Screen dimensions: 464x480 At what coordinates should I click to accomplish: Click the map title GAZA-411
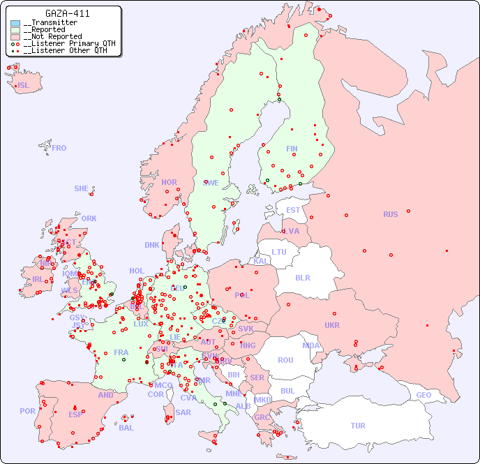click(x=67, y=13)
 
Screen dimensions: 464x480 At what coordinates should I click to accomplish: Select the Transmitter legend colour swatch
click(x=15, y=23)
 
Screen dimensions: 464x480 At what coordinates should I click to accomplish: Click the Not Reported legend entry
click(x=52, y=36)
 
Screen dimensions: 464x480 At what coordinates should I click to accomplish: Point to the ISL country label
click(x=24, y=86)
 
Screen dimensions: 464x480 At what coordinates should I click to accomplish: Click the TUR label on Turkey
click(x=358, y=426)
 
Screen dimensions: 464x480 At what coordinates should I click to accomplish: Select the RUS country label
click(x=390, y=214)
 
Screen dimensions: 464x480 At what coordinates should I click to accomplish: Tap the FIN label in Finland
click(x=292, y=149)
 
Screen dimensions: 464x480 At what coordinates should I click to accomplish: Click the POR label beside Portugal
click(x=27, y=411)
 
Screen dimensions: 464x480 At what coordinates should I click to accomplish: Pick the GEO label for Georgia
click(x=423, y=395)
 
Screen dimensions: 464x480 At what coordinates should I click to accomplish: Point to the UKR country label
click(x=332, y=325)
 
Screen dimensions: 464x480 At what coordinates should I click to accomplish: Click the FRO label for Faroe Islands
click(x=59, y=148)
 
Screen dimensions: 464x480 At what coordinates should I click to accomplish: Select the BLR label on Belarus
click(x=302, y=277)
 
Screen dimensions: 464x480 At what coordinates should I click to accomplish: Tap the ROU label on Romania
click(x=285, y=360)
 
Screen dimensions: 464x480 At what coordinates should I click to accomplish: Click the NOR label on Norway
click(x=169, y=182)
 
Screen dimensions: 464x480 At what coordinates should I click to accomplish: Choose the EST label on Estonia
click(x=293, y=210)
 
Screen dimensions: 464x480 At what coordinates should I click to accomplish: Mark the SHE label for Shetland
click(x=82, y=188)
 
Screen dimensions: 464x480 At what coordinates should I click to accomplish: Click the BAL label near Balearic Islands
click(x=126, y=428)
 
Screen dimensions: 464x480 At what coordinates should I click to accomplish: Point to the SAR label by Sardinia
click(x=183, y=412)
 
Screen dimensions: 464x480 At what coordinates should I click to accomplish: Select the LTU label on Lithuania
click(x=279, y=252)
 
